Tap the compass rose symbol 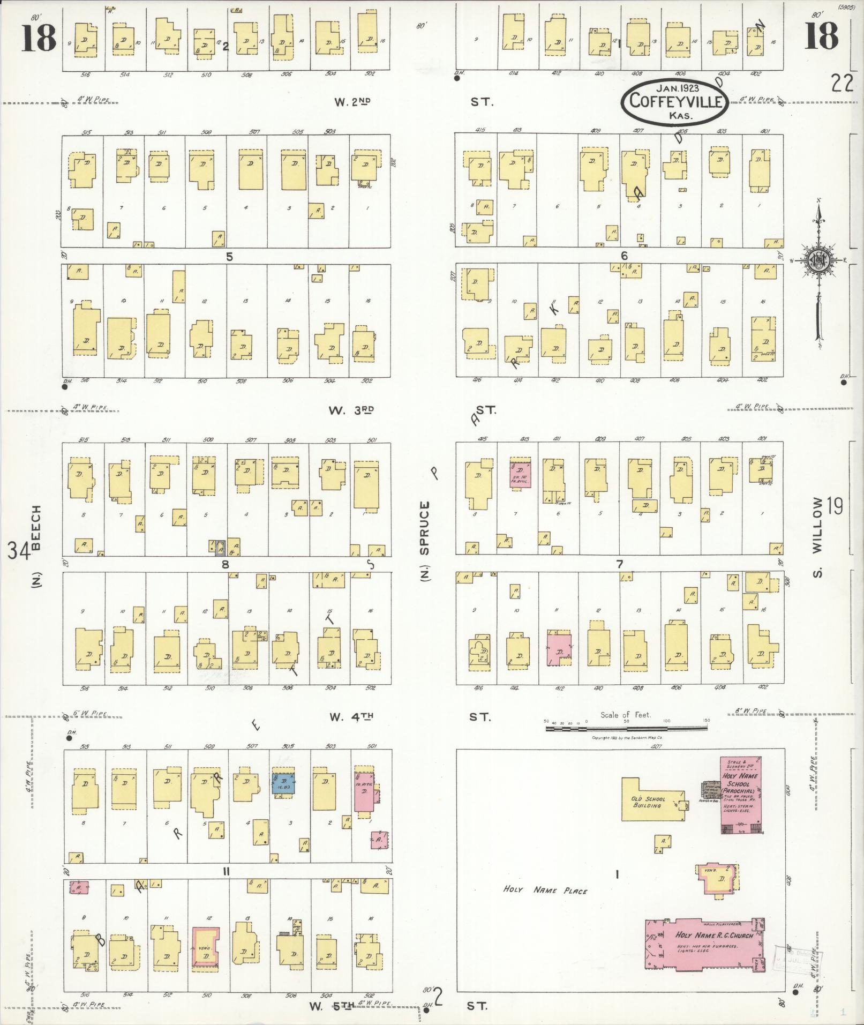coord(819,260)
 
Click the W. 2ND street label coord(352,101)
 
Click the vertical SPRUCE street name coord(425,528)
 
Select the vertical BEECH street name coord(36,528)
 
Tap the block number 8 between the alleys coord(226,564)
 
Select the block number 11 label coord(226,872)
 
